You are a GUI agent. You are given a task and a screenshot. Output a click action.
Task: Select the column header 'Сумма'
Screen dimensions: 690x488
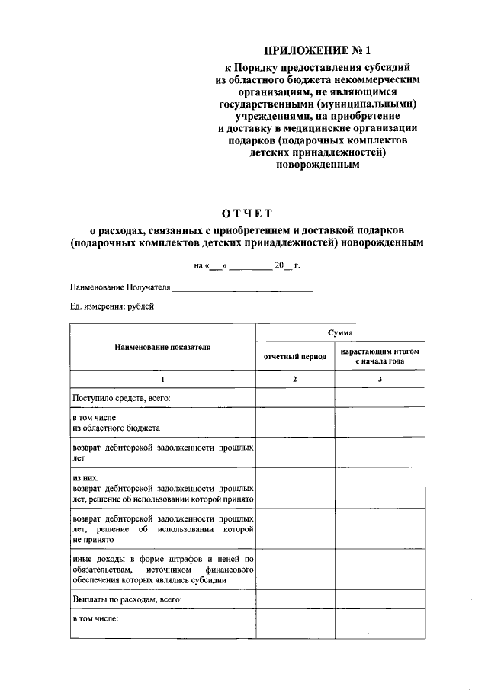(x=339, y=332)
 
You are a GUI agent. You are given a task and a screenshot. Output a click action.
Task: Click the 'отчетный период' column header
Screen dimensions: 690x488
(x=294, y=356)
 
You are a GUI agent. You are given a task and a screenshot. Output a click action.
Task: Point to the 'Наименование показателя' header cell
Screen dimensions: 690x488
(x=162, y=346)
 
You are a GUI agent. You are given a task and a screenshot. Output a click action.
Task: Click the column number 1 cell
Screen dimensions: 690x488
(x=162, y=379)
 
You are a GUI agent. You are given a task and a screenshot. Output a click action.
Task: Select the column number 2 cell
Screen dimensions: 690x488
(x=294, y=379)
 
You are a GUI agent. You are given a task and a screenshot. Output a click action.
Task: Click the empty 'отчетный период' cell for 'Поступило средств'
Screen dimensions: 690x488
(x=294, y=398)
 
